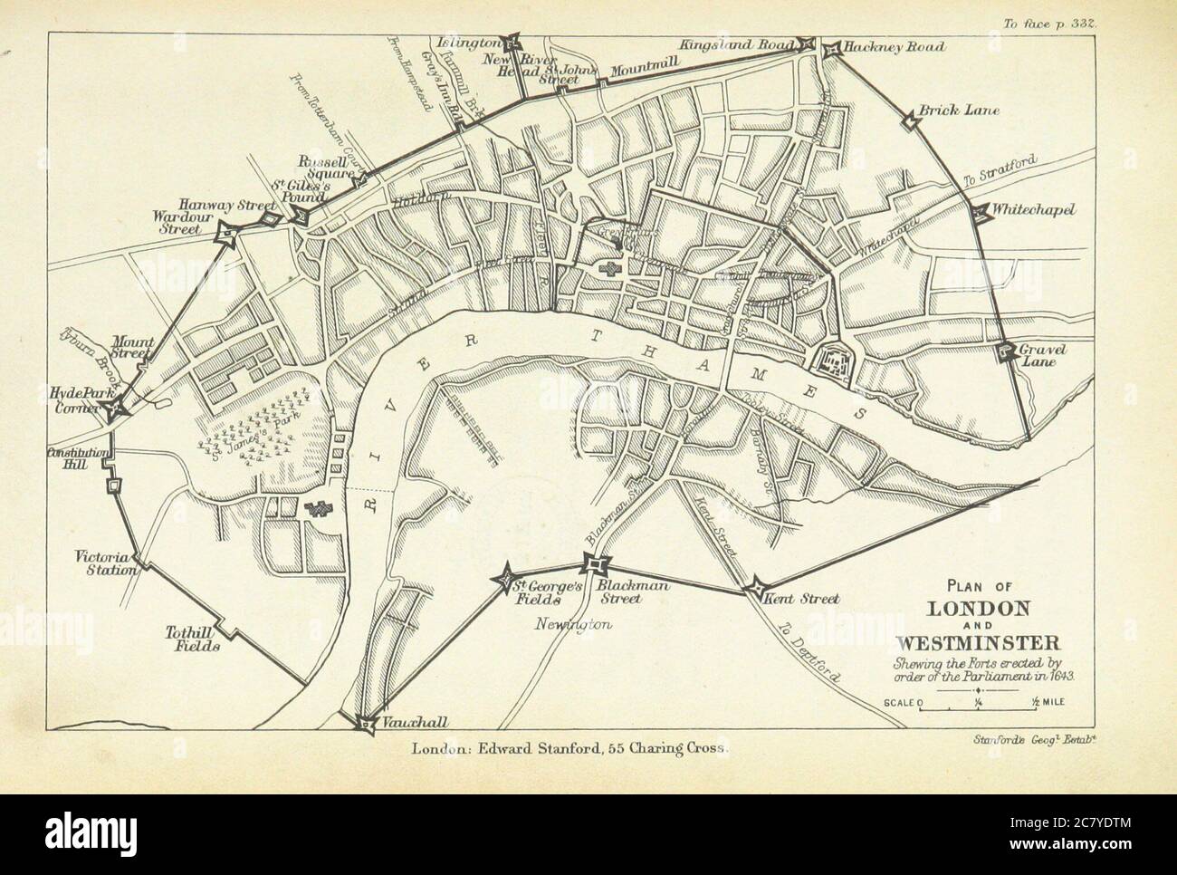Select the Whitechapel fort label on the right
pos(1033,210)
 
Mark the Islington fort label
pos(467,43)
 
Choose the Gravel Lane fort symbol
pos(1003,352)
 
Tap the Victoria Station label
pos(108,563)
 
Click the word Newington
pos(574,624)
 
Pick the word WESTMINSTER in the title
pos(971,645)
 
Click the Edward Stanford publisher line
pos(569,749)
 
